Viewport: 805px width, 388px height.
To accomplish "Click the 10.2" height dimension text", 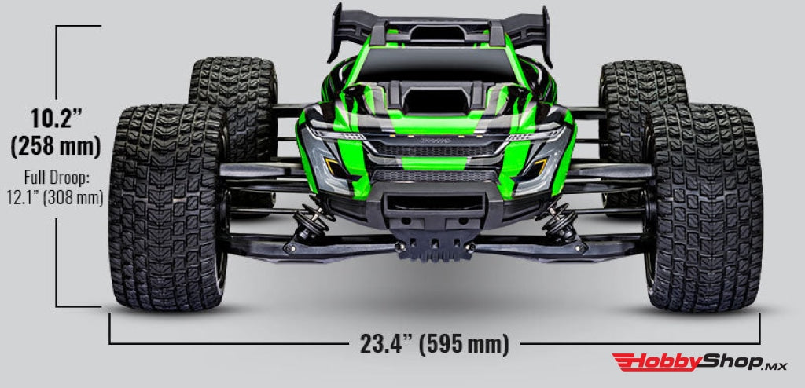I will pos(56,119).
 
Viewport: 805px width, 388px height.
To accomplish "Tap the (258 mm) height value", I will pos(56,145).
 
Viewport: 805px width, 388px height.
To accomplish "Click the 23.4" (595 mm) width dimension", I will pos(434,343).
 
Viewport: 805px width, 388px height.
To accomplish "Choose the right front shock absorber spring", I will pos(560,221).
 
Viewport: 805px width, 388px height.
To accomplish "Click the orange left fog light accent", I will pos(333,167).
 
